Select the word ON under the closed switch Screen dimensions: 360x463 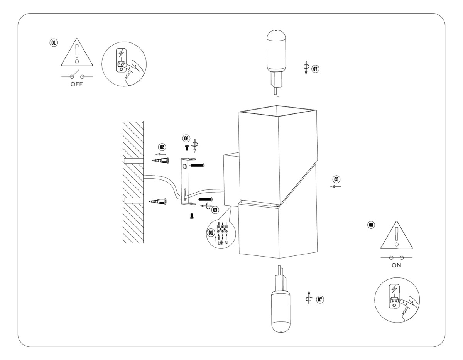[396, 265]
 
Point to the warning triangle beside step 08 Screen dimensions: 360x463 [396, 236]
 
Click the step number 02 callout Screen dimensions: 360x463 [162, 147]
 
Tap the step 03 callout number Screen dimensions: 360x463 [215, 210]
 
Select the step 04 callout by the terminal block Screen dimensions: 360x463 [211, 232]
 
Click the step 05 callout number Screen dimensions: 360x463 [336, 179]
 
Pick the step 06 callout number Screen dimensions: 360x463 [186, 138]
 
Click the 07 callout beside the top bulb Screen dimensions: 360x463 [316, 69]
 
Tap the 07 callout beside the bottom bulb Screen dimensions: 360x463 [319, 299]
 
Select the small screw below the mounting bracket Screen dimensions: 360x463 [191, 218]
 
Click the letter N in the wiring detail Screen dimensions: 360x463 [226, 243]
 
